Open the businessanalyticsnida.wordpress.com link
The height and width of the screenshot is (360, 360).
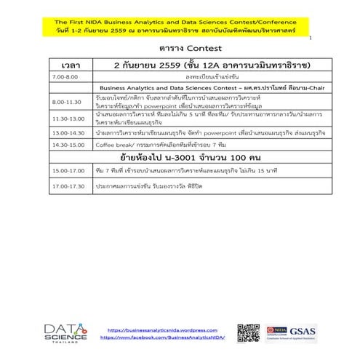pos(161,330)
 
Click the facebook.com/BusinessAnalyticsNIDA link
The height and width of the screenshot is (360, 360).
pos(161,337)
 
